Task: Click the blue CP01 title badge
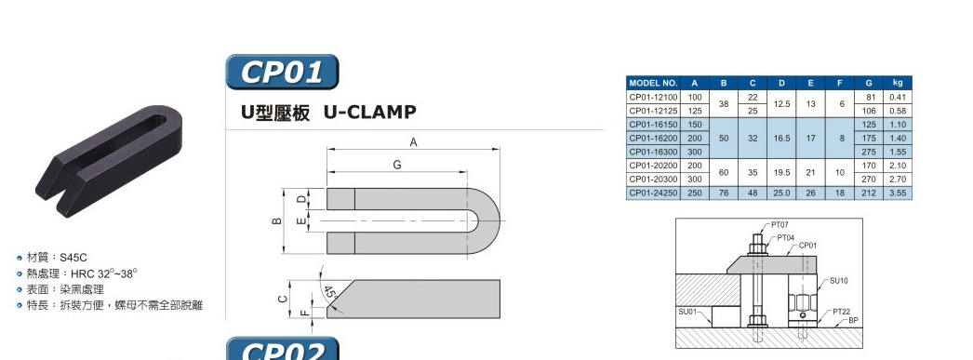pos(282,72)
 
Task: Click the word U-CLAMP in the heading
pos(370,113)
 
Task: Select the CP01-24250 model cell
pos(653,193)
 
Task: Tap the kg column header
pos(898,83)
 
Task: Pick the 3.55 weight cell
pos(898,193)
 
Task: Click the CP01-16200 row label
pos(653,139)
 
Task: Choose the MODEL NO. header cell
pos(653,83)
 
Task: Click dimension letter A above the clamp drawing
pos(413,142)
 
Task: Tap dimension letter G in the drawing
pos(397,165)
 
